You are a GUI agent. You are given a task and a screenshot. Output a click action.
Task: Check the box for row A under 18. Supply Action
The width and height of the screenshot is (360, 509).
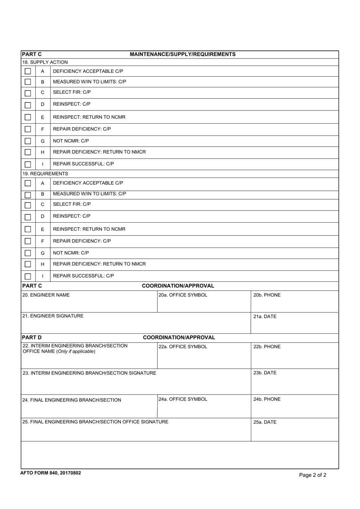pos(28,71)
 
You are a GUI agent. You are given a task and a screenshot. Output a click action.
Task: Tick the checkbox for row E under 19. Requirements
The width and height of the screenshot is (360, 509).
pos(28,229)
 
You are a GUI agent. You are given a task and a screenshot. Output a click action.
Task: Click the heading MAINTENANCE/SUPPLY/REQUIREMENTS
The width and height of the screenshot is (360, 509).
pos(182,54)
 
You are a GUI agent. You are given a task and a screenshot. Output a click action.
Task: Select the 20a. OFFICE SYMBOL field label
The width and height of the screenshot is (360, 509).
pos(183,295)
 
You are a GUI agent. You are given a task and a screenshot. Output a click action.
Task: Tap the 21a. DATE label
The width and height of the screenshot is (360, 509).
pos(265,316)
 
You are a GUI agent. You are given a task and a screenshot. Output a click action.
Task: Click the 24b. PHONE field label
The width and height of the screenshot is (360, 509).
pos(267,399)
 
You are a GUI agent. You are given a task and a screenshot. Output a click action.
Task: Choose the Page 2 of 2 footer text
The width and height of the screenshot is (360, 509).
pos(313,475)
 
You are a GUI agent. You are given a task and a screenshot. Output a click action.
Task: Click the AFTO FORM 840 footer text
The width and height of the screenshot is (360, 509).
pos(51,473)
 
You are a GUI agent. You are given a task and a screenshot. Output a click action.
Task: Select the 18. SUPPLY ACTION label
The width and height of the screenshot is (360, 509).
pos(45,62)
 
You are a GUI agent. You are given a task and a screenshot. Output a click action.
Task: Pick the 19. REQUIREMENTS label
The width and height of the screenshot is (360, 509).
pos(45,174)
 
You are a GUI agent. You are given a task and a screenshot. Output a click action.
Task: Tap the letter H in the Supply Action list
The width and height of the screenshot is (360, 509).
pos(42,152)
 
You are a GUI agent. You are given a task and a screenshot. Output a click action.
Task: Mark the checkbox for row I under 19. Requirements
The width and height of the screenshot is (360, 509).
pos(28,276)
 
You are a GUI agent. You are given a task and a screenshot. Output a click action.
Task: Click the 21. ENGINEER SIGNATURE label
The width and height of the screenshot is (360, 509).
pos(53,316)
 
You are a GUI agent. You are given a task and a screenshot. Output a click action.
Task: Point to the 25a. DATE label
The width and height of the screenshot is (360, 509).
pos(265,422)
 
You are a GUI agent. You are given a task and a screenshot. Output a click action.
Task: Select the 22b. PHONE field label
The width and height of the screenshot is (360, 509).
pos(267,347)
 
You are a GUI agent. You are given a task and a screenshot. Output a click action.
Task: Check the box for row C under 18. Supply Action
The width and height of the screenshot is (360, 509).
pos(28,93)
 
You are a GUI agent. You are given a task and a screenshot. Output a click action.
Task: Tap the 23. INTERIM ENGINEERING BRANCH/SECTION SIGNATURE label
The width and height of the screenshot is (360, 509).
pos(89,373)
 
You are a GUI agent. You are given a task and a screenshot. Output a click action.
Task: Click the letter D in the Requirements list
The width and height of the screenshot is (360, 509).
pos(42,217)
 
